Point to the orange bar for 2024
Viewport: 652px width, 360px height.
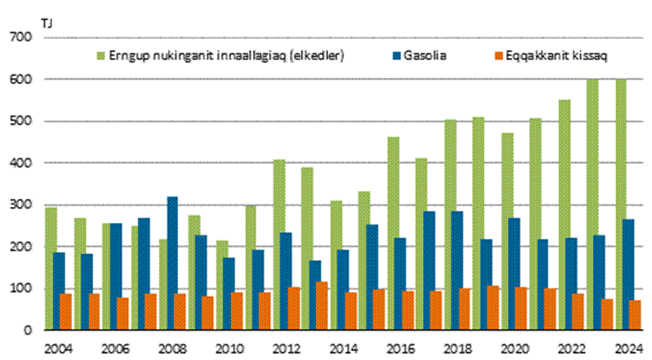635,315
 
